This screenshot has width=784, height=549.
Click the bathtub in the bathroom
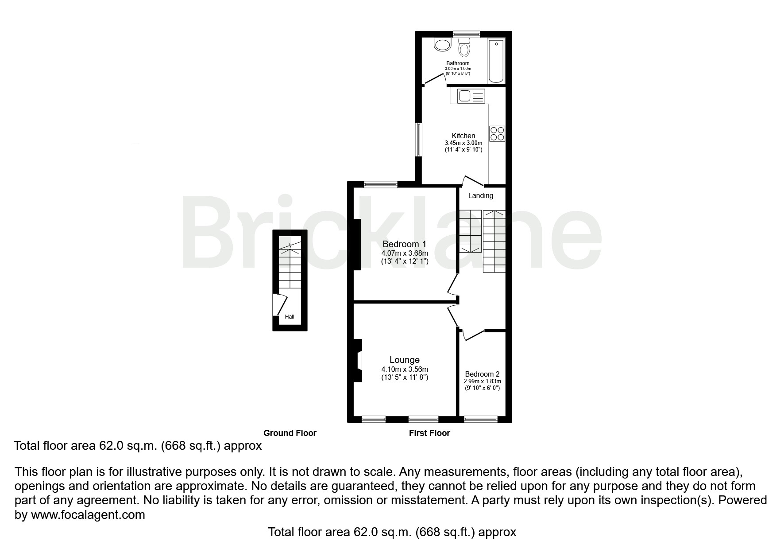496,61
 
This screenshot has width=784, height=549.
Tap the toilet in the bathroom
464,47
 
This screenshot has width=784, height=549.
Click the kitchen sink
467,96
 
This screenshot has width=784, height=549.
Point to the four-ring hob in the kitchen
497,133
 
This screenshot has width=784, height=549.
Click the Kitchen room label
463,136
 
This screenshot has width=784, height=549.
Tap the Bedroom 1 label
404,244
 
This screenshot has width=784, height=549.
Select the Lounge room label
405,360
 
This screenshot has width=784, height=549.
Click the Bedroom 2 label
482,374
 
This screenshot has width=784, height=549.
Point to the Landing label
481,195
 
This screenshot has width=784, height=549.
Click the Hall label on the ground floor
290,317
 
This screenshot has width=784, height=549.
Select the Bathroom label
458,63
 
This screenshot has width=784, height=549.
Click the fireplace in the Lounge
358,360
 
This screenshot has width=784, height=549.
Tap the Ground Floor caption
290,433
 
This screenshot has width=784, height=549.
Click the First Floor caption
429,433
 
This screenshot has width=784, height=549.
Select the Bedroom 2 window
481,418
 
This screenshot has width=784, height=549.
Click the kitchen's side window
418,140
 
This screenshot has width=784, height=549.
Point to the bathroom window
467,34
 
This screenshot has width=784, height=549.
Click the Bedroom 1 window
381,184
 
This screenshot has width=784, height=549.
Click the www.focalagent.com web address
88,515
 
